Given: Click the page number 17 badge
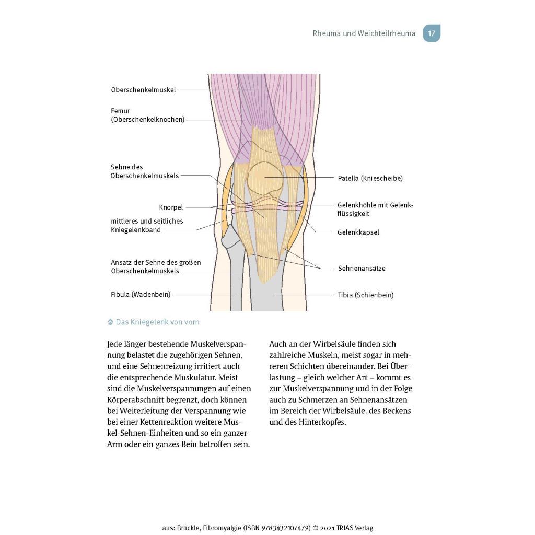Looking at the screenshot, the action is click(432, 33).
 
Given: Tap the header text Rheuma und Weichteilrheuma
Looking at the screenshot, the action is click(364, 33).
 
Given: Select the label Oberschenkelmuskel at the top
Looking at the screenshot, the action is click(143, 90).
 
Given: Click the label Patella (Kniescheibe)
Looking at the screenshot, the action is click(370, 178).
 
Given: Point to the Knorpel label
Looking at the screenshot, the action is click(171, 207).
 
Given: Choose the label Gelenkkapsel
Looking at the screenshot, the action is click(358, 232).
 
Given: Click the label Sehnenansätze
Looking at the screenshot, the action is click(362, 269).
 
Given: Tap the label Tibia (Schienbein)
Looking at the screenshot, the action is click(366, 295).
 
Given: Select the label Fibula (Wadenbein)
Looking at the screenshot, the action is click(141, 295).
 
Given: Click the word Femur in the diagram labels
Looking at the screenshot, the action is click(121, 111).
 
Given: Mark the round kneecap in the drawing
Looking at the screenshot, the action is click(265, 178).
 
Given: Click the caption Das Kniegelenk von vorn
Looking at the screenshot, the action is click(158, 322).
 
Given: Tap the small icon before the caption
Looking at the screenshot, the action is click(110, 322).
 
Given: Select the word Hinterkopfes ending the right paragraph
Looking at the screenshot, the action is click(322, 422).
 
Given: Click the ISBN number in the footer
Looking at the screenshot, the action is click(286, 528).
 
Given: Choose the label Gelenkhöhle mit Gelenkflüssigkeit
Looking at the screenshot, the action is click(375, 210).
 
